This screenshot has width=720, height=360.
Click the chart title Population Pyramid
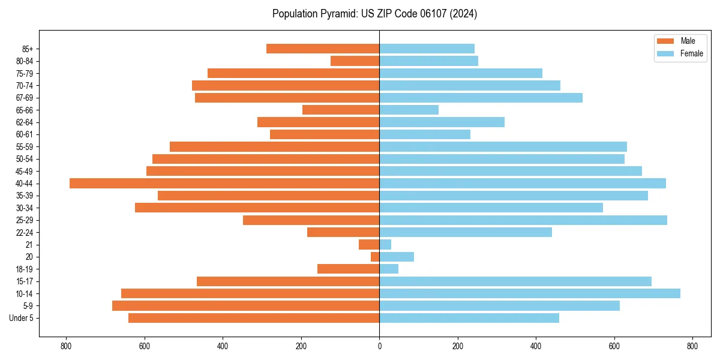[x=374, y=14]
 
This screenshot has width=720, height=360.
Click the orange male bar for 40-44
[x=224, y=183]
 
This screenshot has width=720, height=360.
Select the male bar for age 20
[x=375, y=257]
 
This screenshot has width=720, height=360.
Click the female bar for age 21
[x=385, y=244]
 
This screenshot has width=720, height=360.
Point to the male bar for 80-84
[x=355, y=61]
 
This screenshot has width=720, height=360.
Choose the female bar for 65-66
[x=409, y=110]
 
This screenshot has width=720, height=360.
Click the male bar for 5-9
[x=245, y=305]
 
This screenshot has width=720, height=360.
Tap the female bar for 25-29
[x=523, y=220]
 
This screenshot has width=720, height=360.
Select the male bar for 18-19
[x=348, y=269]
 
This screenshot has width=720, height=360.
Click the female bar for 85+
[x=427, y=49]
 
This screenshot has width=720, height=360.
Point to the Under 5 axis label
[x=21, y=318]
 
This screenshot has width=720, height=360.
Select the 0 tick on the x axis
[x=379, y=346]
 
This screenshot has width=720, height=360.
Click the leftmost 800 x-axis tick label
[x=66, y=346]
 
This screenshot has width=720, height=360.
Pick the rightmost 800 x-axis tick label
[x=692, y=346]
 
